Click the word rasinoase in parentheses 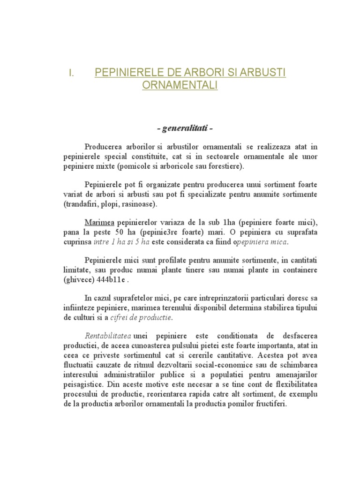pyautogui.click(x=140, y=204)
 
